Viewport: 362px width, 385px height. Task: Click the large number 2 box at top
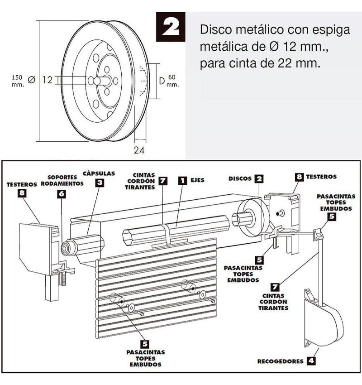171,27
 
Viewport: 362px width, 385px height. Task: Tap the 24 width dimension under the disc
139,150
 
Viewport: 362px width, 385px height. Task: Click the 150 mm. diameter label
18,81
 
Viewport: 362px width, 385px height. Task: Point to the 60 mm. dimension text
173,81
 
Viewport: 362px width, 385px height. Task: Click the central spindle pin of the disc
102,81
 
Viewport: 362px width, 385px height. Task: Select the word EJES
197,180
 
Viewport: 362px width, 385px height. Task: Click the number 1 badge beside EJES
182,181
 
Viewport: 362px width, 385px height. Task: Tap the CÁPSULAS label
99,173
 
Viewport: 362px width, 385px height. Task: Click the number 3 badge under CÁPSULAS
100,183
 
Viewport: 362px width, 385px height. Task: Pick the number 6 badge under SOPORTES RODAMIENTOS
62,194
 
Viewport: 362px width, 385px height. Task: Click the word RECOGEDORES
281,361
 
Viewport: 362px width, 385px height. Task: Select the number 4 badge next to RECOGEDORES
311,361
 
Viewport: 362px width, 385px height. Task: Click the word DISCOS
240,178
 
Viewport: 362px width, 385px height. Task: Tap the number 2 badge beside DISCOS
259,178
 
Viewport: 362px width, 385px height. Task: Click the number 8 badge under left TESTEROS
22,193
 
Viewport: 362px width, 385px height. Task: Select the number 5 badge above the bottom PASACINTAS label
145,344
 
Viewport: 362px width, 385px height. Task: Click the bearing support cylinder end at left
66,249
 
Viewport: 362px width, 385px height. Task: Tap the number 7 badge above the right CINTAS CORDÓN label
275,287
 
